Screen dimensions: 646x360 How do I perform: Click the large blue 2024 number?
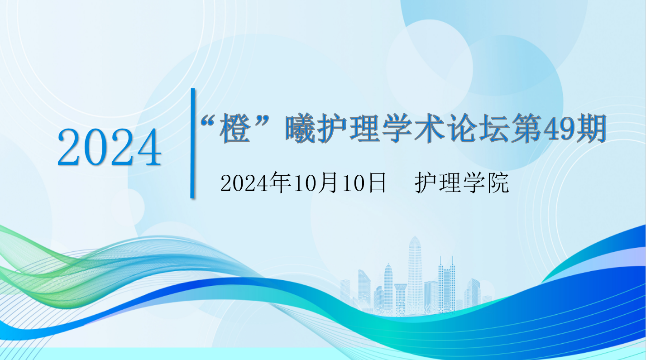point(109,147)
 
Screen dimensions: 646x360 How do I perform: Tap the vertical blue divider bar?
point(193,144)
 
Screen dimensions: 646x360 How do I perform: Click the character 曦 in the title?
point(300,128)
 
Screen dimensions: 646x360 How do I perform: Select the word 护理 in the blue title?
point(349,128)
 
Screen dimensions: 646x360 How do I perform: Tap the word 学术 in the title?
point(413,128)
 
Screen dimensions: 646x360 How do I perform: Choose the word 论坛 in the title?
point(478,128)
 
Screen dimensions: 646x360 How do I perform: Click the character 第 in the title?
point(526,128)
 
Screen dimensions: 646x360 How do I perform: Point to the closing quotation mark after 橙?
point(261,121)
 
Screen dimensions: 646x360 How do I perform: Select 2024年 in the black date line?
point(255,183)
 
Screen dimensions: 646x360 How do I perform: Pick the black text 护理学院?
point(462,183)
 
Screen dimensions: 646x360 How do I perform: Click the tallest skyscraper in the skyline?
point(415,275)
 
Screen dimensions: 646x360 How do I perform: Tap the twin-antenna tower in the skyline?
point(447,284)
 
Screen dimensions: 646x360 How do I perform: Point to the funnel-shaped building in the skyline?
point(401,299)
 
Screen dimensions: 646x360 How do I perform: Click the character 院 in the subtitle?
point(498,183)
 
